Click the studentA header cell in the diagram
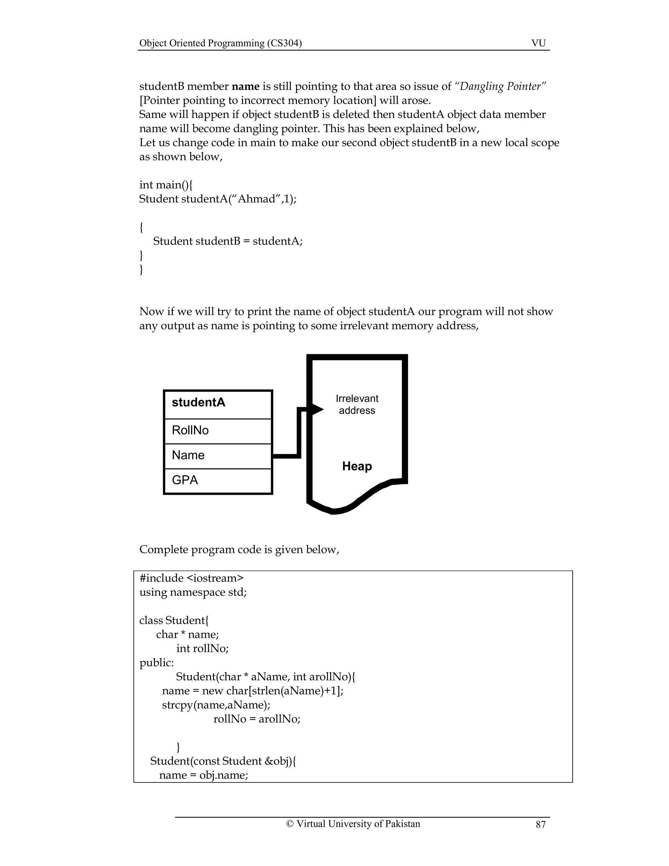pyautogui.click(x=218, y=404)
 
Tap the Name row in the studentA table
pyautogui.click(x=218, y=456)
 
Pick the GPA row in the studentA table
pyautogui.click(x=218, y=481)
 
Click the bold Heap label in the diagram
pyautogui.click(x=357, y=466)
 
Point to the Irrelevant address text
pyautogui.click(x=357, y=405)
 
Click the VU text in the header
pyautogui.click(x=538, y=43)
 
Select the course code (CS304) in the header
pyautogui.click(x=285, y=43)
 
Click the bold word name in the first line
pyautogui.click(x=245, y=87)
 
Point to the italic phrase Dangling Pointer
pyautogui.click(x=502, y=87)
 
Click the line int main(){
pyautogui.click(x=166, y=185)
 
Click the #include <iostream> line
pyautogui.click(x=191, y=578)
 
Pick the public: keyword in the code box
pyautogui.click(x=156, y=663)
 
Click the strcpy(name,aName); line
pyautogui.click(x=216, y=705)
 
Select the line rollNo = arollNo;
pyautogui.click(x=257, y=719)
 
